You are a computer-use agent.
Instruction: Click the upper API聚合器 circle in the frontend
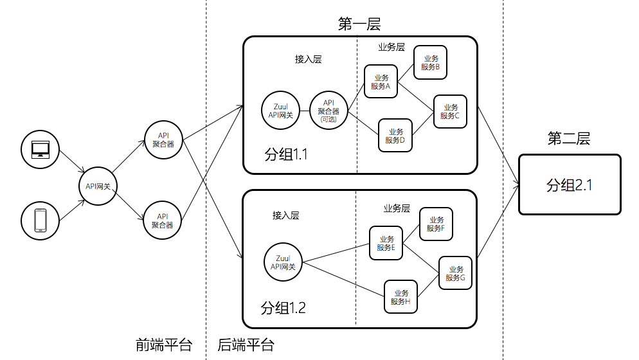click(163, 139)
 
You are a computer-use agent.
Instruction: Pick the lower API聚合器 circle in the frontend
click(163, 221)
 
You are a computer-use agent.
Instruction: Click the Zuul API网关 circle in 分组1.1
click(280, 111)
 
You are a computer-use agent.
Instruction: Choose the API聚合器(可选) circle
click(328, 111)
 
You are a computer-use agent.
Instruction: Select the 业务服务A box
click(381, 82)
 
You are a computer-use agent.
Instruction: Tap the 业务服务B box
click(431, 62)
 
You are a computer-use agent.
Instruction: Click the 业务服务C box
click(450, 111)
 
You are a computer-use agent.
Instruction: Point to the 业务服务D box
click(395, 136)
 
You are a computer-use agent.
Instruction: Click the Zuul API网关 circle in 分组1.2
click(283, 262)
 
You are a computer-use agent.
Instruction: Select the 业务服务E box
click(386, 243)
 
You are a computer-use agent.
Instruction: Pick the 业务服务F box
click(436, 224)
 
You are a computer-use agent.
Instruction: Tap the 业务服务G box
click(455, 273)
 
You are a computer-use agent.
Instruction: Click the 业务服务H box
click(401, 297)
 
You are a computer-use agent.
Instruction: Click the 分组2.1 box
click(570, 184)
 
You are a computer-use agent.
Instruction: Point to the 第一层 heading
click(359, 24)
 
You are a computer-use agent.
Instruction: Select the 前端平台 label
click(164, 345)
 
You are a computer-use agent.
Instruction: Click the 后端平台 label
click(246, 345)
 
